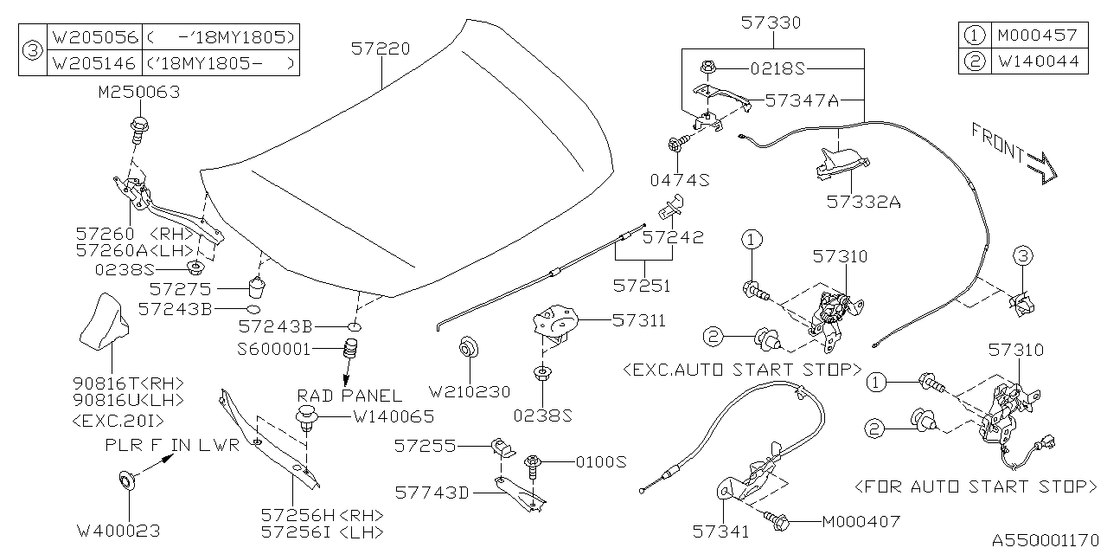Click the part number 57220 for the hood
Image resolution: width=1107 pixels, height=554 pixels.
[381, 49]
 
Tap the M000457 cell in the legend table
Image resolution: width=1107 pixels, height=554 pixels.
[1037, 35]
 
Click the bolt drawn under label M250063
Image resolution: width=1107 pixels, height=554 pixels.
[138, 130]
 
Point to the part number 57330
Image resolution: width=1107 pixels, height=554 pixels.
[771, 23]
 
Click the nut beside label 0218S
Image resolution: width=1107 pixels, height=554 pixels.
[707, 67]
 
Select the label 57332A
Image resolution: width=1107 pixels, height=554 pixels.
[863, 202]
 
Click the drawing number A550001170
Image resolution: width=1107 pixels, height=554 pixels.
[1044, 539]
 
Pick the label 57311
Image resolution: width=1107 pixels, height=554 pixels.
[639, 320]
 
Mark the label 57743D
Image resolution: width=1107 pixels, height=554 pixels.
[432, 493]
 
